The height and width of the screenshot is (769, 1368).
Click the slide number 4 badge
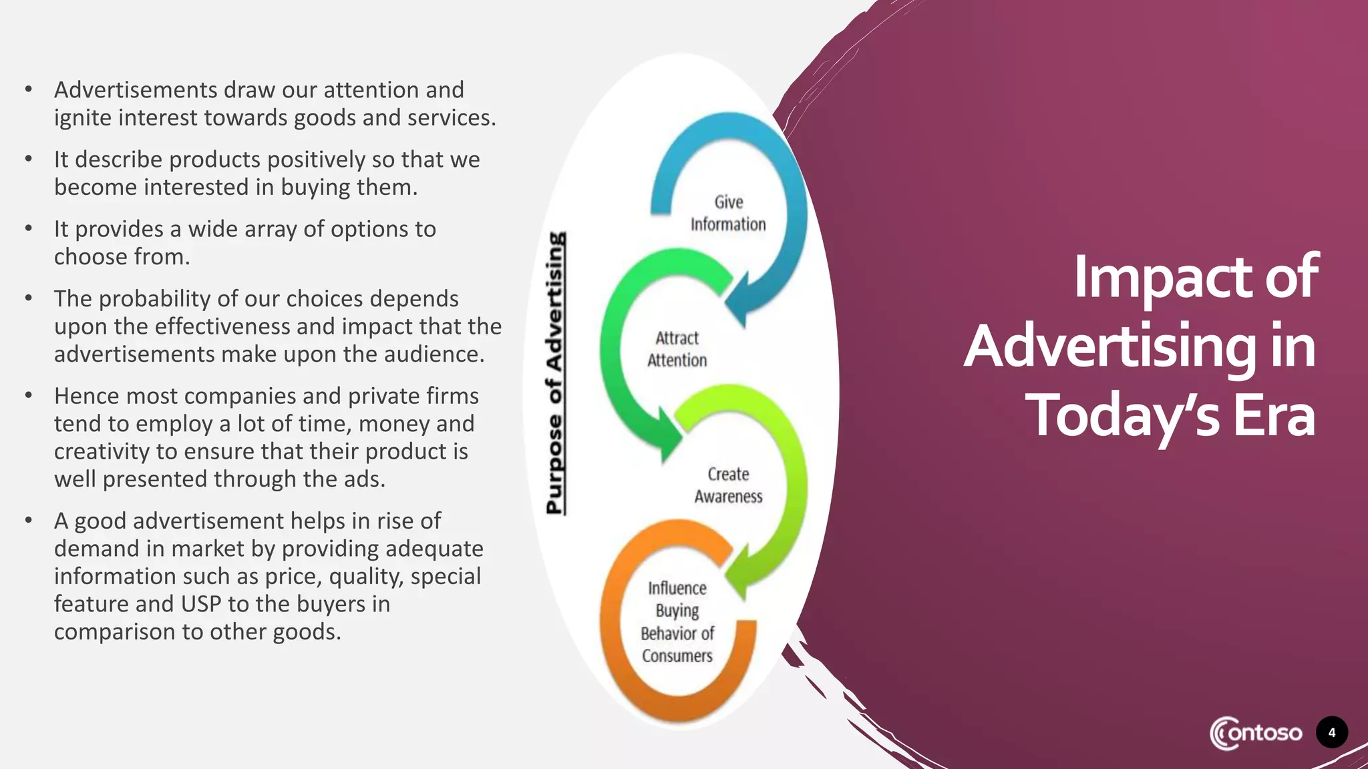(x=1331, y=732)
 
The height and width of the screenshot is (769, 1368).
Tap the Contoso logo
(x=1255, y=733)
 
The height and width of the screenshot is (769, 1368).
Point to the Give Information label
(x=728, y=213)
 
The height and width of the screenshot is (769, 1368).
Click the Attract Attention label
(x=677, y=349)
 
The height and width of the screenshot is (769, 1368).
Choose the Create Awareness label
(x=728, y=485)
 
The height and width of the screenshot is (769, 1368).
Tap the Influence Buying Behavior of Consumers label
(x=677, y=621)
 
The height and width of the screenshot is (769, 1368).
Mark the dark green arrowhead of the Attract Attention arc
(x=668, y=437)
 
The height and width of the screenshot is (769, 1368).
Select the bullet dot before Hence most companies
(x=29, y=395)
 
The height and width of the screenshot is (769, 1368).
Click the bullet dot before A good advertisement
(x=29, y=520)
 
